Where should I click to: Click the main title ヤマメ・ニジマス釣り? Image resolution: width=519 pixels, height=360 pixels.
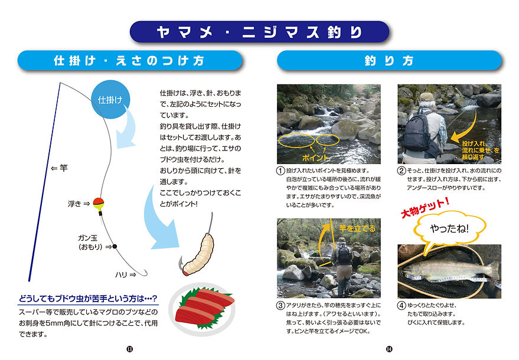[x=260, y=32]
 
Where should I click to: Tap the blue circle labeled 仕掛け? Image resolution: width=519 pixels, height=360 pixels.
[x=110, y=99]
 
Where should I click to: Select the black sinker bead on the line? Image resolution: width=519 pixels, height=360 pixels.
[x=115, y=246]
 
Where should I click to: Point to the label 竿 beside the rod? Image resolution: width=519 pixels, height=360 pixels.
[x=63, y=168]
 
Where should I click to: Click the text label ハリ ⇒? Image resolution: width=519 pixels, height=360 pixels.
[x=125, y=274]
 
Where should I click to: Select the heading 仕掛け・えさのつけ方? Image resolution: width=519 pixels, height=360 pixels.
[x=129, y=61]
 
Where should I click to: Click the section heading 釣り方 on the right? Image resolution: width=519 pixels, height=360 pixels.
[x=389, y=61]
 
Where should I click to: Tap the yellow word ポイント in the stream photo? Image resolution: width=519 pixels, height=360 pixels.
[x=315, y=158]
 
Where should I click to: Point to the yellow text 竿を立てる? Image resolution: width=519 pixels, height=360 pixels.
[x=357, y=228]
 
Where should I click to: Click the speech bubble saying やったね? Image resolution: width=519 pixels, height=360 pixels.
[x=449, y=228]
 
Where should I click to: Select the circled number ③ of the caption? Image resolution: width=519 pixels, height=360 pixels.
[x=280, y=305]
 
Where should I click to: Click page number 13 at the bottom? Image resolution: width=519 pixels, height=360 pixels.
[x=129, y=349]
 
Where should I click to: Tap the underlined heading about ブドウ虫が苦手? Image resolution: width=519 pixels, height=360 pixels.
[x=88, y=299]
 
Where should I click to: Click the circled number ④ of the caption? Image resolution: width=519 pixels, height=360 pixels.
[x=401, y=305]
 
